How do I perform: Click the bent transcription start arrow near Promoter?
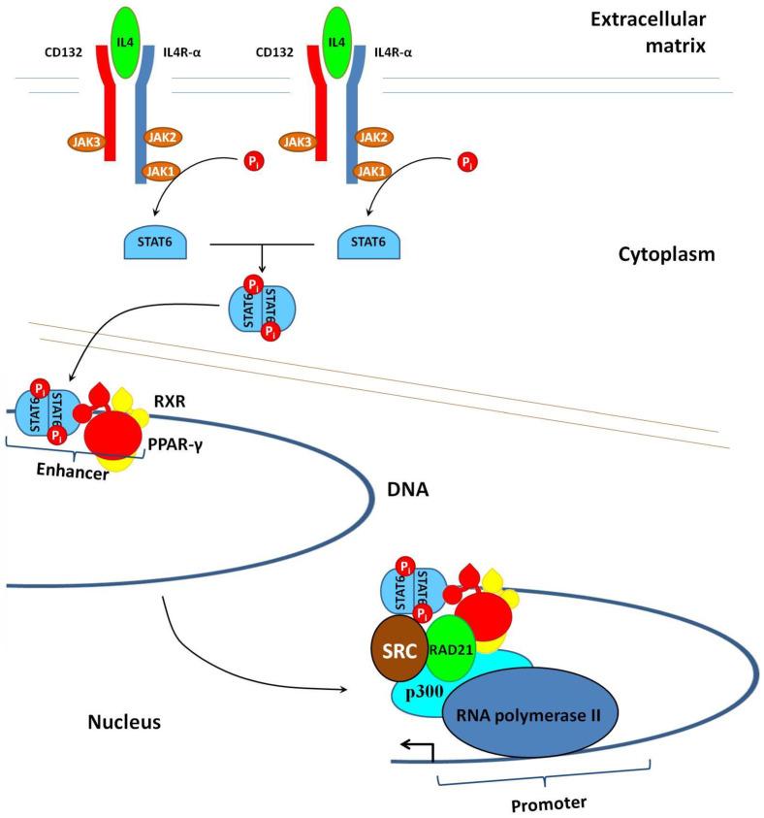(x=409, y=747)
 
